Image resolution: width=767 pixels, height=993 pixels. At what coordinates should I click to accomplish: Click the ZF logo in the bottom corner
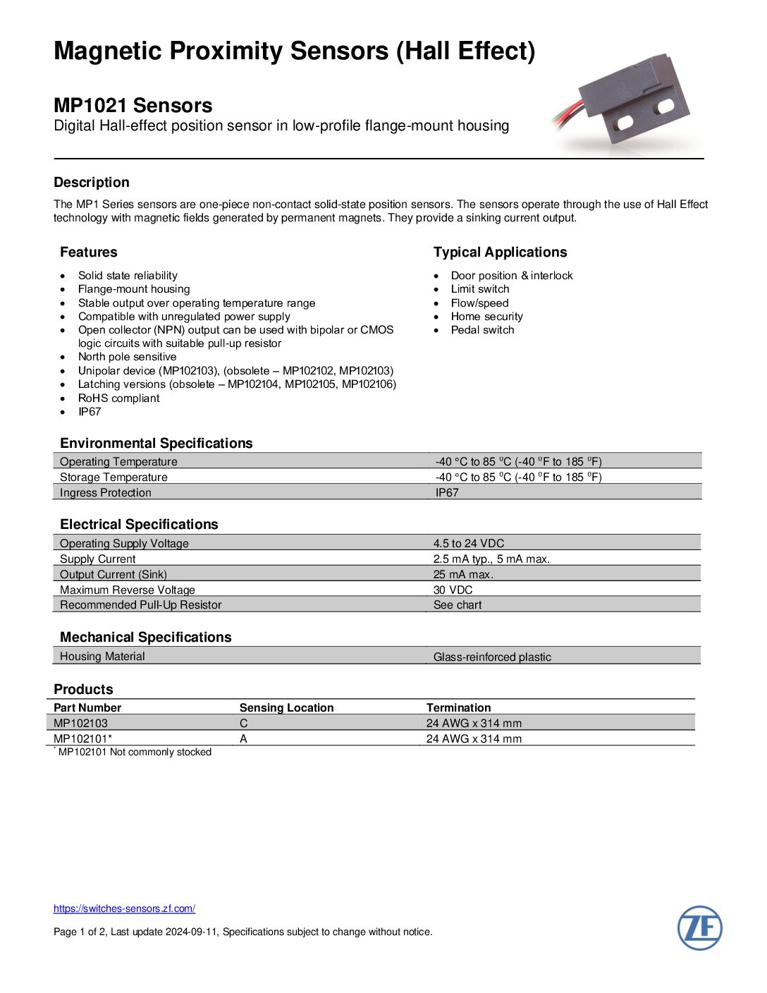point(699,927)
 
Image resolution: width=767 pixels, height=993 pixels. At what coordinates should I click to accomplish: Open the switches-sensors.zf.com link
point(124,908)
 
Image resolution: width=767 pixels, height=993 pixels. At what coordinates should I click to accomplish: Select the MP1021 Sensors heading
point(133,105)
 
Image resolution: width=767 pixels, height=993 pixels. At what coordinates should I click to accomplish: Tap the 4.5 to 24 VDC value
point(469,543)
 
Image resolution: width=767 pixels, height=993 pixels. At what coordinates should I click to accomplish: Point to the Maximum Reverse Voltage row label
point(128,590)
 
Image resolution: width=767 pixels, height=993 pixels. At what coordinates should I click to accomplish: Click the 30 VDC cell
point(453,590)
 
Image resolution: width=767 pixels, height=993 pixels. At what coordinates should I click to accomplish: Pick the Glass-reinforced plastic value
point(492,657)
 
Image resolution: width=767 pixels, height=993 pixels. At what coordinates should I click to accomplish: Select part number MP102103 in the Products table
point(81,723)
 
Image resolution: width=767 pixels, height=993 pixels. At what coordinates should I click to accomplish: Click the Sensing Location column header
point(286,707)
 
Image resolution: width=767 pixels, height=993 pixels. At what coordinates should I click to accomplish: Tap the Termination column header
point(458,707)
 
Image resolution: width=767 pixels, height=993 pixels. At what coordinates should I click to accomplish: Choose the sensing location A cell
point(243,738)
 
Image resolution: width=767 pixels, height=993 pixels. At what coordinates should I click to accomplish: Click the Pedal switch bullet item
point(482,330)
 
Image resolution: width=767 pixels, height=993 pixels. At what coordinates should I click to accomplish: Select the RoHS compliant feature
point(118,398)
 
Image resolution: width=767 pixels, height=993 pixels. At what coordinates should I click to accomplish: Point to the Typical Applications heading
point(500,252)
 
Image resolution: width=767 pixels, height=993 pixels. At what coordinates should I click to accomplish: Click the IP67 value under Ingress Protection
point(447,492)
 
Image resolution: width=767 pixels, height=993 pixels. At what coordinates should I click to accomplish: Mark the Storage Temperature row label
point(113,477)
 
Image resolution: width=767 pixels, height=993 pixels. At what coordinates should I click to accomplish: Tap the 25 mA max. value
point(463,574)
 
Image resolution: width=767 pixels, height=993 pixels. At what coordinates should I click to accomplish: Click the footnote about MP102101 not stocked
point(134,752)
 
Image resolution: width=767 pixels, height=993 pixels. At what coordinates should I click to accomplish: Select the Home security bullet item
point(486,317)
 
